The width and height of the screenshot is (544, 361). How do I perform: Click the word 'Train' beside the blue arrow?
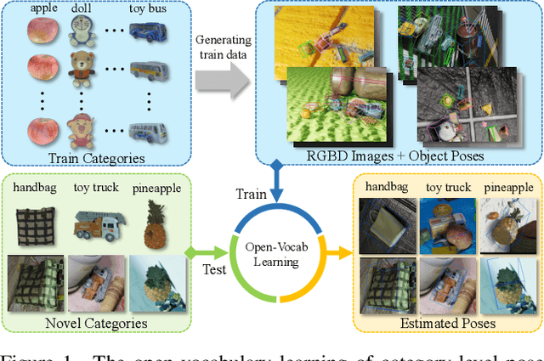point(252,195)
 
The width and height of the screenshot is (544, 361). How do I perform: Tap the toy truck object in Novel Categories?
point(95,223)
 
